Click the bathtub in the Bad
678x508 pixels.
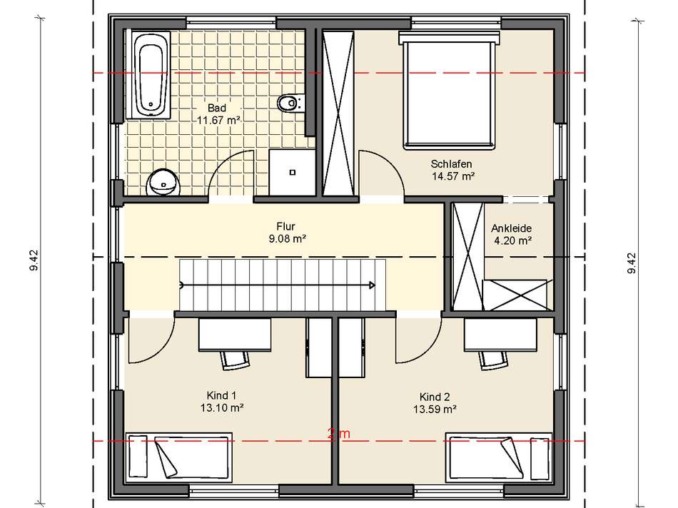[x=148, y=74]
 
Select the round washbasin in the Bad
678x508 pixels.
[x=163, y=183]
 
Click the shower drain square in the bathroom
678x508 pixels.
[x=293, y=173]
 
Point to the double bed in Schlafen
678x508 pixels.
[x=449, y=91]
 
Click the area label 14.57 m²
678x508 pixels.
[x=453, y=176]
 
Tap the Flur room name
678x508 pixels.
[x=285, y=226]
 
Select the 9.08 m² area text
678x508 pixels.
[x=288, y=238]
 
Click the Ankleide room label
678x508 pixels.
[x=511, y=228]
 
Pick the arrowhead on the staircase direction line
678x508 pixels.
[x=372, y=285]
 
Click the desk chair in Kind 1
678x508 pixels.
[x=236, y=360]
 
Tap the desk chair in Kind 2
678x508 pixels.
[x=494, y=360]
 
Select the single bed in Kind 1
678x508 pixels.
[x=178, y=456]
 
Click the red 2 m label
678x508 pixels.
[x=339, y=434]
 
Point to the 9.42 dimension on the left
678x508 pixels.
[x=34, y=260]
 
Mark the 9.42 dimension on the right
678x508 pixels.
[x=632, y=263]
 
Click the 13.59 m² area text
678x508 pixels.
[x=435, y=409]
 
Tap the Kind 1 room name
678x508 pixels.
[x=221, y=395]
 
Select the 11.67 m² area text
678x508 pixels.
[x=218, y=120]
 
